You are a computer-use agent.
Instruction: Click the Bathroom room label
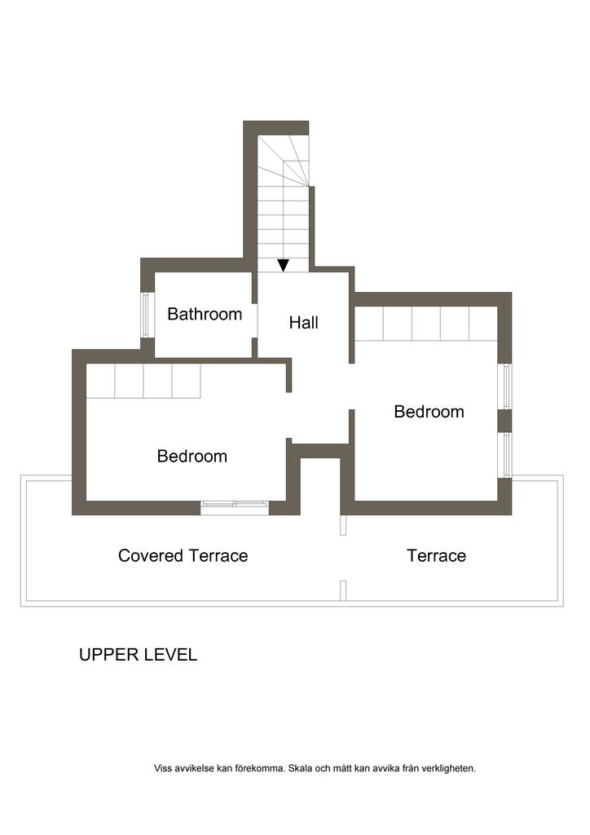pos(205,314)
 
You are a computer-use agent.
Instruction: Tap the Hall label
pos(304,322)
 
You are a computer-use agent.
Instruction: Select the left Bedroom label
pos(192,456)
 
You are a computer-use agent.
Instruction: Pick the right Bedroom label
pos(429,412)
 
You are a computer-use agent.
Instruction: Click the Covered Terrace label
pos(183,555)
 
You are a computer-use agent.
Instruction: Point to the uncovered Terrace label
pos(436,555)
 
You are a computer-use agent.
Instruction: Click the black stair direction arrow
pos(284,265)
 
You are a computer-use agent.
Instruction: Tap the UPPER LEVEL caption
pos(138,655)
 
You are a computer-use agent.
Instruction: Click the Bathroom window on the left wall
pos(145,314)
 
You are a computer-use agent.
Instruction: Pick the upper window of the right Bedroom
pos(507,387)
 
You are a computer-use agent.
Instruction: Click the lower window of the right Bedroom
pos(507,455)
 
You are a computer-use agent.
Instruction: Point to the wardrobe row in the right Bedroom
pos(426,324)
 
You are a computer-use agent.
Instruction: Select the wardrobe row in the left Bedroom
pos(143,381)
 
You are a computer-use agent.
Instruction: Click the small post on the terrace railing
pos(343,590)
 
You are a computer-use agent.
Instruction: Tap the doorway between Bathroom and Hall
pos(255,320)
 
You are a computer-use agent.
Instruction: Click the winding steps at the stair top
pos(283,161)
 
